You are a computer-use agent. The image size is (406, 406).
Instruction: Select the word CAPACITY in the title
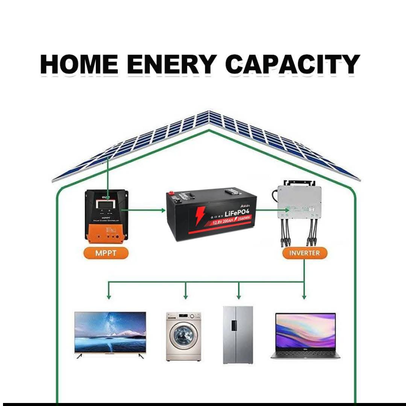pos(293,64)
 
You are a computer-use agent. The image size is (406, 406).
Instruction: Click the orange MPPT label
pos(106,253)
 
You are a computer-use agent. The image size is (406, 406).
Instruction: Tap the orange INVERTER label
pos(304,253)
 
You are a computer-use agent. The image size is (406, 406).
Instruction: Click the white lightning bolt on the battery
pos(199,216)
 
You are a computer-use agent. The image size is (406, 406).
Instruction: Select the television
pos(110,332)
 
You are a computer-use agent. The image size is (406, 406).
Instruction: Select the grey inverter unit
pos(299,201)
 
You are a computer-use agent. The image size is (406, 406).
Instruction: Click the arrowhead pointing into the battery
pos(164,210)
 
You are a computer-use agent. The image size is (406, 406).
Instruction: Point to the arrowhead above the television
pos(109,297)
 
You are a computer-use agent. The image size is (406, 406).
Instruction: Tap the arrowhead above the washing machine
pos(185,297)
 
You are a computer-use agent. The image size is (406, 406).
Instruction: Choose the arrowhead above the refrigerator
pos(238,297)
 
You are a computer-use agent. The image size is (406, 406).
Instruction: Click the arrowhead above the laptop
pos(304,297)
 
